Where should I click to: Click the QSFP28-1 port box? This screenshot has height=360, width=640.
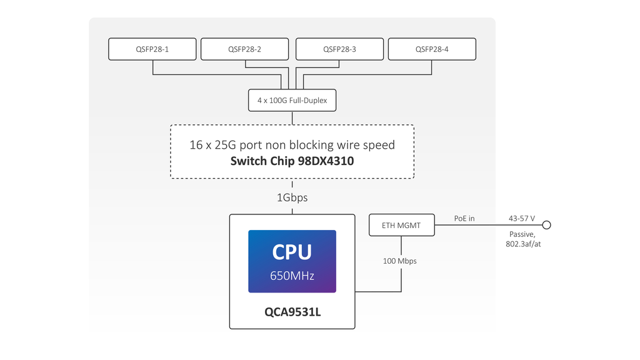tap(152, 49)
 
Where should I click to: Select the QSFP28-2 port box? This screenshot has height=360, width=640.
tap(244, 49)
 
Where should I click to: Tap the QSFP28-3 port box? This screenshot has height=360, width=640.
tap(339, 49)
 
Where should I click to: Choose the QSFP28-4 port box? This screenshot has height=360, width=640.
tap(432, 49)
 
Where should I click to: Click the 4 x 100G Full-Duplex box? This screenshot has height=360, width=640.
tap(292, 100)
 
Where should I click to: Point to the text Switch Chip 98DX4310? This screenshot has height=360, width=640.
tap(292, 161)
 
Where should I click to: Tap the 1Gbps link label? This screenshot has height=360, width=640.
tap(292, 197)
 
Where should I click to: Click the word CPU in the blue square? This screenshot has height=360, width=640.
tap(292, 252)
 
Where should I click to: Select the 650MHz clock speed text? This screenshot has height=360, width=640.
tap(292, 276)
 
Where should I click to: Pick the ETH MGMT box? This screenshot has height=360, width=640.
tap(401, 225)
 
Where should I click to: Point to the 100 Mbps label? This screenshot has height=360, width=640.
tap(400, 261)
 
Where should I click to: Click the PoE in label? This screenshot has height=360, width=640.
tap(464, 218)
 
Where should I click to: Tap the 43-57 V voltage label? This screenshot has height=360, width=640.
tap(522, 218)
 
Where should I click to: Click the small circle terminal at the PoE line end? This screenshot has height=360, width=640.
tap(546, 225)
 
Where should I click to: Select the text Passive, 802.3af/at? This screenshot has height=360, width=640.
tap(523, 239)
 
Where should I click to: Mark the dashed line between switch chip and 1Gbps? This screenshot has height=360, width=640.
tap(292, 184)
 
